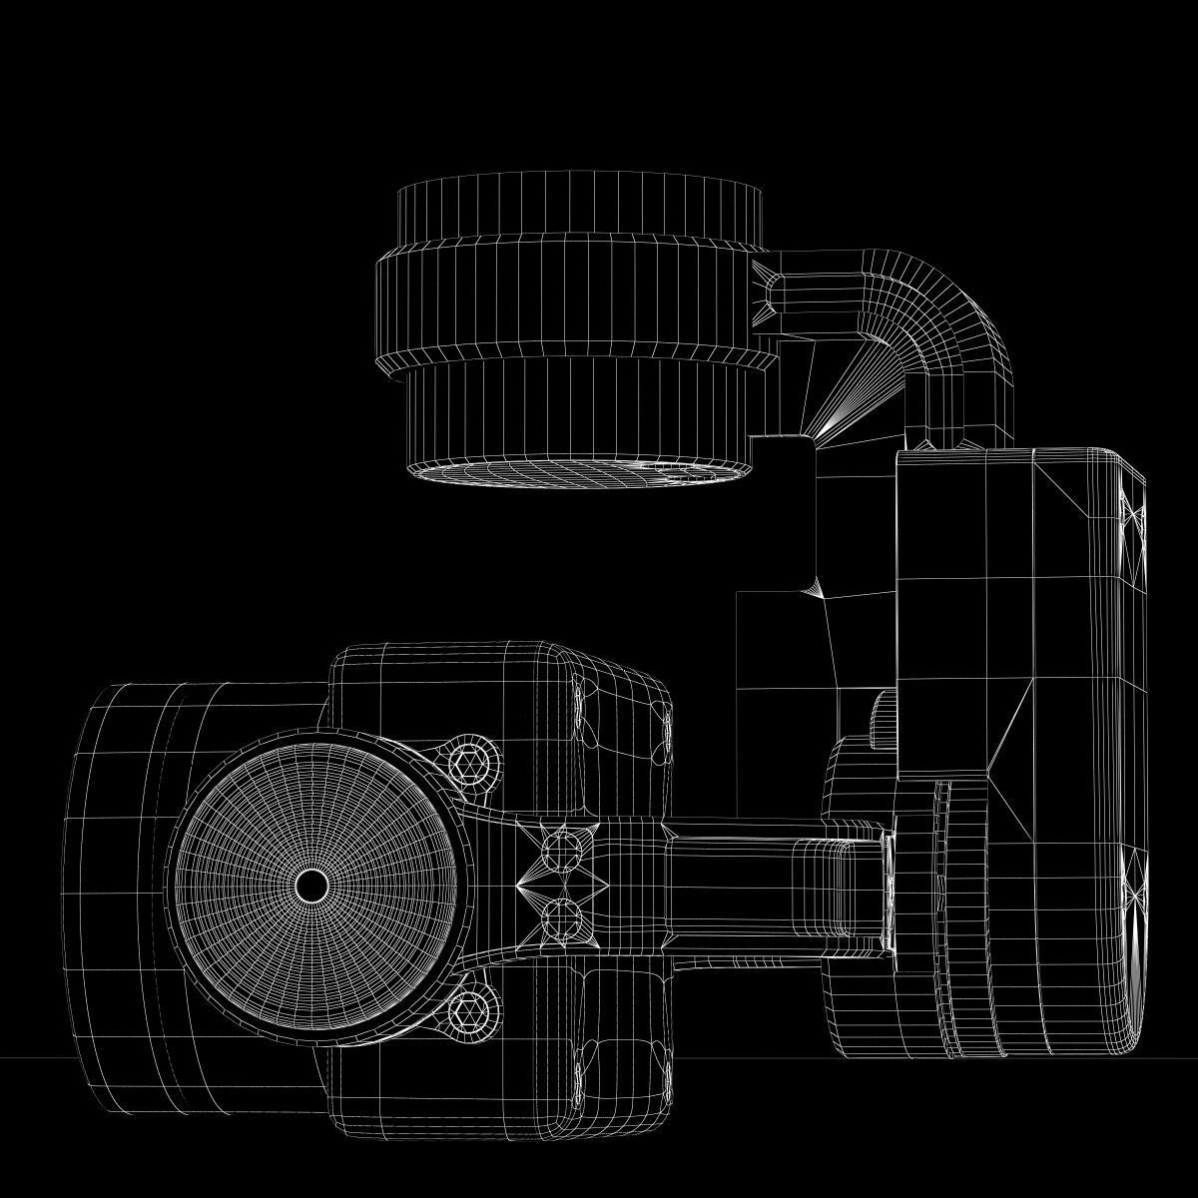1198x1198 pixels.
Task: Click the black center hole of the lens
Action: click(311, 885)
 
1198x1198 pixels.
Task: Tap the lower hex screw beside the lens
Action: click(471, 1012)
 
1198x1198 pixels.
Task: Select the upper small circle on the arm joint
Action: click(560, 851)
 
